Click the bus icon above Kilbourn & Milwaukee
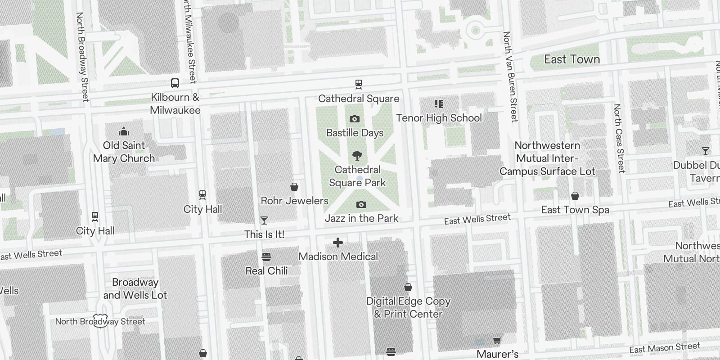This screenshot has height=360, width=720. [x=175, y=83]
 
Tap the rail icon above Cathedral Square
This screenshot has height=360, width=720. [x=358, y=84]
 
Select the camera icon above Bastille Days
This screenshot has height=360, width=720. [x=355, y=119]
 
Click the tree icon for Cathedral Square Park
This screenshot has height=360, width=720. [x=357, y=156]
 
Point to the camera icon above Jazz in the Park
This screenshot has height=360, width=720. [x=361, y=204]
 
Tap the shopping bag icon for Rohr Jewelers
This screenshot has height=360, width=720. [x=294, y=186]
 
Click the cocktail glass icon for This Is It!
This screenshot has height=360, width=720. [x=264, y=220]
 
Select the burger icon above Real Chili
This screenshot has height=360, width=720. [x=266, y=257]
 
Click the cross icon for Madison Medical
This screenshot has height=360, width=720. [x=338, y=243]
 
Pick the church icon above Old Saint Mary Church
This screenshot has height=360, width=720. [x=124, y=131]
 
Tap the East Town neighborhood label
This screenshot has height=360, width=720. [x=571, y=59]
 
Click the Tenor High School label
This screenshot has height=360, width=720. [x=439, y=118]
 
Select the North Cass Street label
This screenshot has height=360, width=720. [x=619, y=138]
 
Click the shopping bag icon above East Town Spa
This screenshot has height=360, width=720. [x=575, y=196]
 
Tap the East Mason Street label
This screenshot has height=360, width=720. [x=665, y=348]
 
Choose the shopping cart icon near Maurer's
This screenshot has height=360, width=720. [x=497, y=341]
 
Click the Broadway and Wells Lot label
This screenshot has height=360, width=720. [x=135, y=289]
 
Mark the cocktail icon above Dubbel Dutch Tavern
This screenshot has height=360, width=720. [x=705, y=151]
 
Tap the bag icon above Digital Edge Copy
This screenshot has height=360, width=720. [x=408, y=287]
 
